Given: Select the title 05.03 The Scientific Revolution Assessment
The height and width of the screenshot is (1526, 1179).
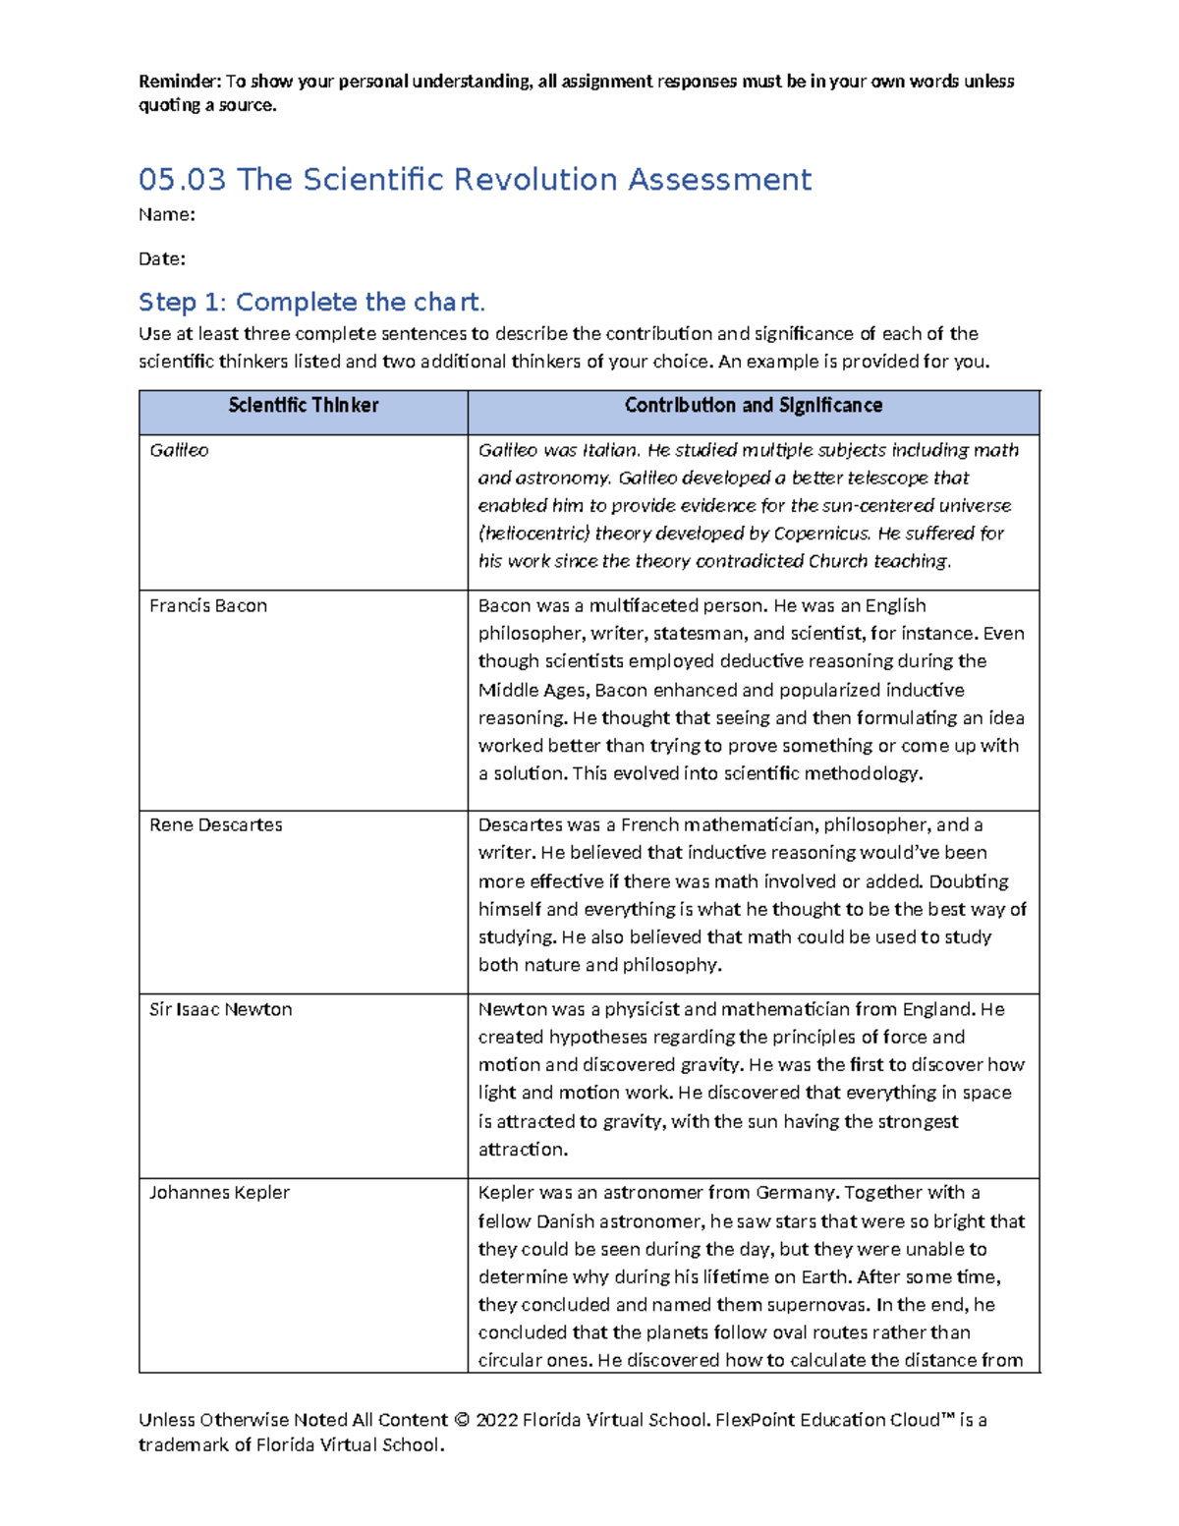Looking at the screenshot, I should tap(475, 180).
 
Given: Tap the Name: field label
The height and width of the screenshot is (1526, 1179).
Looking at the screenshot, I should tap(166, 215).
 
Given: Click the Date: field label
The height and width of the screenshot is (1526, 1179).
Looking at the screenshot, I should tap(162, 259).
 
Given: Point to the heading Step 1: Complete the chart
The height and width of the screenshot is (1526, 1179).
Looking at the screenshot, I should tap(311, 302).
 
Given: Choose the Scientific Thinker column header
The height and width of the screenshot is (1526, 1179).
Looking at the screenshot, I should tap(303, 406).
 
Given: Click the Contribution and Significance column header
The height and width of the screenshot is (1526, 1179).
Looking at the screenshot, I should tap(753, 406).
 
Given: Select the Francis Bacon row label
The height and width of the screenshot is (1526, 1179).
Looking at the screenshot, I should tap(208, 606).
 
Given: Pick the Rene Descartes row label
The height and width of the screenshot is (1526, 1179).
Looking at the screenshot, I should tap(215, 825).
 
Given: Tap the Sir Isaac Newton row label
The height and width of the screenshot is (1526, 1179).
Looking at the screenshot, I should tap(220, 1010).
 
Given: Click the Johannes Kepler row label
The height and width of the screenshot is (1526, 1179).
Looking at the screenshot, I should tap(219, 1193).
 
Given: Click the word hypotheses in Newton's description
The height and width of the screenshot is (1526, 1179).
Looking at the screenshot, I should tap(598, 1038).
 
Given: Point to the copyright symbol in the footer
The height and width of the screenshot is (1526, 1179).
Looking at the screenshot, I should tap(462, 1420).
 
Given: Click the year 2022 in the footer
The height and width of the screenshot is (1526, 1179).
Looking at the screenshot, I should tap(496, 1420).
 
